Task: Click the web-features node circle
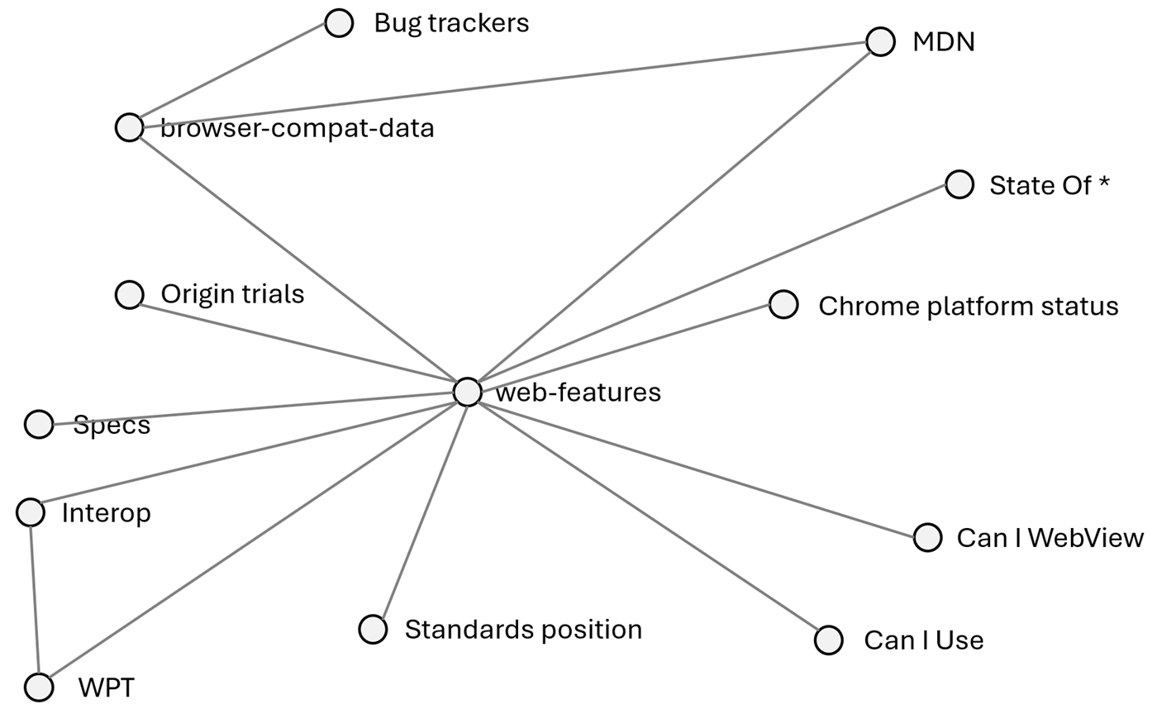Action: click(x=468, y=392)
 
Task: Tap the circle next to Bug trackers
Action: click(x=339, y=23)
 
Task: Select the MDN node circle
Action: click(x=881, y=41)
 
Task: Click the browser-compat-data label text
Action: click(x=298, y=128)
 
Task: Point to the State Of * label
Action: click(x=1049, y=185)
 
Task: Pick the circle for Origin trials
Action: click(x=129, y=294)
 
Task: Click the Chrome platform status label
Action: click(x=968, y=306)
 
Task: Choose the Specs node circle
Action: click(x=39, y=424)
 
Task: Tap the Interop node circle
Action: click(x=31, y=512)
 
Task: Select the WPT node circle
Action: click(x=39, y=687)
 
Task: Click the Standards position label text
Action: click(x=523, y=630)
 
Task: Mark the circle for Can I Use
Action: click(x=829, y=640)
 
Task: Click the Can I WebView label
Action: click(x=1050, y=538)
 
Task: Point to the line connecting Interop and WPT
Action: click(x=35, y=599)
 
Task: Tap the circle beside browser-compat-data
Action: click(x=129, y=127)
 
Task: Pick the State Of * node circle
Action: click(x=959, y=184)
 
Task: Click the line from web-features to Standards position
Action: click(x=421, y=510)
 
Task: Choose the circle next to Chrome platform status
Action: click(x=783, y=304)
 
